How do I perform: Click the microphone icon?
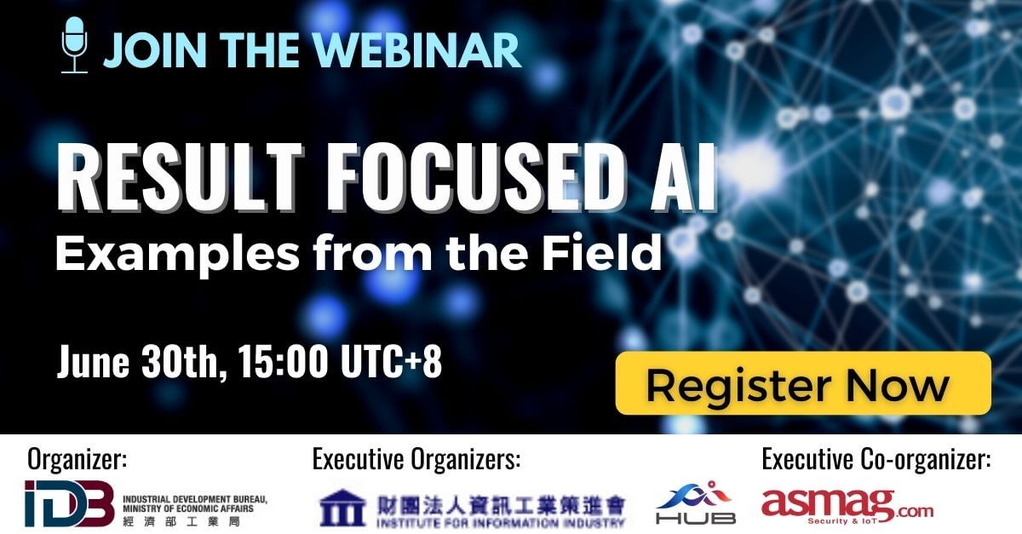click(x=74, y=45)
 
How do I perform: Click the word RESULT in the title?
click(x=180, y=177)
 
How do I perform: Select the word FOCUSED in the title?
click(x=472, y=177)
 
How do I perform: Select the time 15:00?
click(x=283, y=361)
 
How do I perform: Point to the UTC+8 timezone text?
click(x=392, y=361)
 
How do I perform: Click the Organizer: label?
click(x=78, y=459)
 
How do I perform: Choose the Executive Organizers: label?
click(x=416, y=459)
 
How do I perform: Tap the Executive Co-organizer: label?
click(x=876, y=459)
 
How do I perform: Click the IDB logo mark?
click(x=69, y=503)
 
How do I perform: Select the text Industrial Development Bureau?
click(x=195, y=499)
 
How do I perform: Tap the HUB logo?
click(x=695, y=502)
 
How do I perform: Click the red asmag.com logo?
click(x=847, y=506)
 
